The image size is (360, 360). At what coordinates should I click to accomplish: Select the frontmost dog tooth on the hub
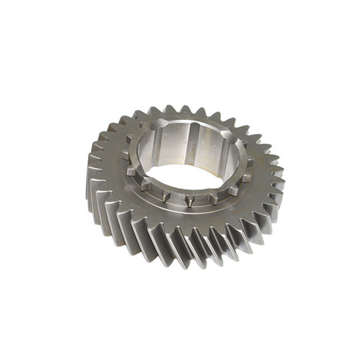tap(189, 202)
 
